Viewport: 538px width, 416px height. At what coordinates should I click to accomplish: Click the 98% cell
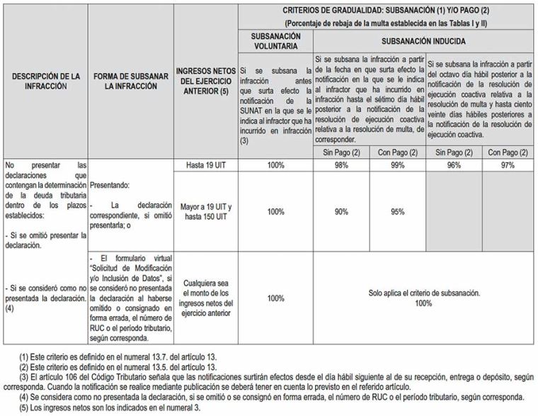341,165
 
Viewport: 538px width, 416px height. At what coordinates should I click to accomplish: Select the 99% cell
398,165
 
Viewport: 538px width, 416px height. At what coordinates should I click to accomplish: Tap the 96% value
454,165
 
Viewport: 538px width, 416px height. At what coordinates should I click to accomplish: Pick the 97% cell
508,165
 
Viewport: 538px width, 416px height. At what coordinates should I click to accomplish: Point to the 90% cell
341,211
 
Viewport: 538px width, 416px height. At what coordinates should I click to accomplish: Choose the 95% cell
398,211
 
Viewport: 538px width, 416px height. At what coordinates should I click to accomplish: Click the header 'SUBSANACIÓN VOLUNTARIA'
277,41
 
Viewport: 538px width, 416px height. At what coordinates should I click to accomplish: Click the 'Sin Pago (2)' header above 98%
341,152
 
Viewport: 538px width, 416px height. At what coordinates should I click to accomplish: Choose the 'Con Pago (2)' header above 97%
508,152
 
